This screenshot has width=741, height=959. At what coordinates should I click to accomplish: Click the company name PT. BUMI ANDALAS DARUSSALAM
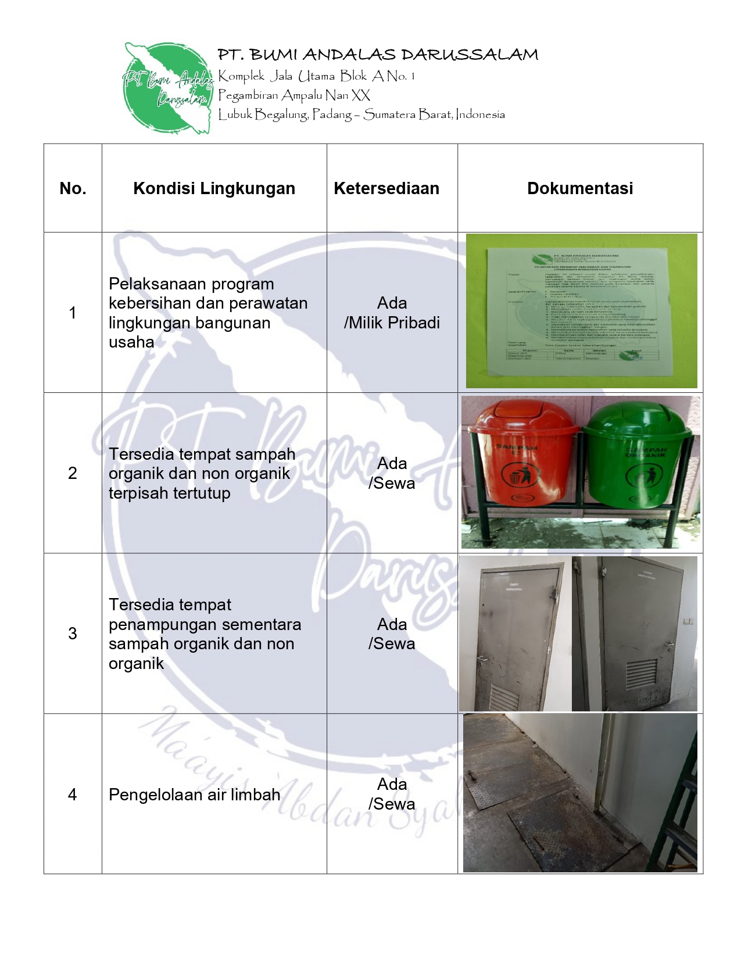(378, 55)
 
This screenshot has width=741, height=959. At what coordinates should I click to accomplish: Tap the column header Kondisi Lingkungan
(214, 188)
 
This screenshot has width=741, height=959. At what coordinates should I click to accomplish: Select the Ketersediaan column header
(386, 188)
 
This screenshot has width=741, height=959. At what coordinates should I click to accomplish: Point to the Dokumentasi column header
(580, 188)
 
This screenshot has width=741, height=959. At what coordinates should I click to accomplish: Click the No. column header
(73, 188)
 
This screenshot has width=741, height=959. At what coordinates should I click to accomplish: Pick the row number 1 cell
(73, 313)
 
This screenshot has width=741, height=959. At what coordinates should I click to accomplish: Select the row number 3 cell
(73, 634)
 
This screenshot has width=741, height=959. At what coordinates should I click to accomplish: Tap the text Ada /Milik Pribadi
(392, 313)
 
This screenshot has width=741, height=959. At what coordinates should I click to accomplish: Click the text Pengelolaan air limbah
(194, 795)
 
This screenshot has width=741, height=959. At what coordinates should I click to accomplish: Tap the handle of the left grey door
(482, 659)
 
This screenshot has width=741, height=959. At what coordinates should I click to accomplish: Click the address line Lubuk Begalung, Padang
(361, 114)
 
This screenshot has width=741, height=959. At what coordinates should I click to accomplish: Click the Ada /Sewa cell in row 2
(392, 473)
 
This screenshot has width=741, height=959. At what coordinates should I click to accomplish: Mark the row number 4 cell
(73, 795)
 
